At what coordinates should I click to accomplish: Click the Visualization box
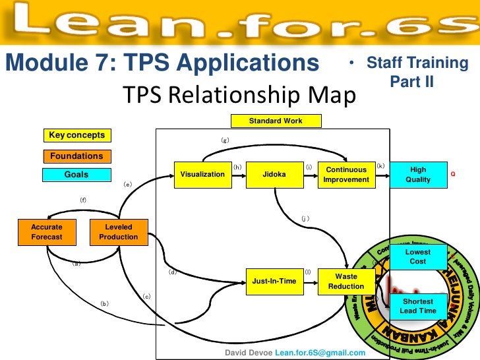click(x=202, y=175)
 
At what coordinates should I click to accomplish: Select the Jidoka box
click(x=274, y=175)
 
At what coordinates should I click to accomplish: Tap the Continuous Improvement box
click(x=346, y=175)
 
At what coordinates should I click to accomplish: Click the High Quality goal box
click(x=418, y=175)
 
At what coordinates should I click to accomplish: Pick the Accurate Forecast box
click(x=46, y=231)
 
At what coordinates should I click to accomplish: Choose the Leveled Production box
click(x=119, y=231)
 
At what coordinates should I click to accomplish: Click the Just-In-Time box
click(x=274, y=282)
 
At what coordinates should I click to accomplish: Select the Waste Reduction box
click(x=346, y=282)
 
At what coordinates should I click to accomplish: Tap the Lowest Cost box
click(x=418, y=256)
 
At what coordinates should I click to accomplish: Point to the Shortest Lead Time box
click(x=418, y=306)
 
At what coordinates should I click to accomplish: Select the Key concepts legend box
click(x=76, y=135)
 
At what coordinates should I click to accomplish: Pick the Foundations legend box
click(x=76, y=156)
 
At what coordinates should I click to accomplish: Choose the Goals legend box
click(x=76, y=175)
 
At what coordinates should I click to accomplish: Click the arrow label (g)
click(x=225, y=140)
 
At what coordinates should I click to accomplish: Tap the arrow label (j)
click(x=305, y=217)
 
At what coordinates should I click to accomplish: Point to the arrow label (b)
click(x=104, y=304)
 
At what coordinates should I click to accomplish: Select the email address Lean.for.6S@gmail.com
click(x=320, y=353)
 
